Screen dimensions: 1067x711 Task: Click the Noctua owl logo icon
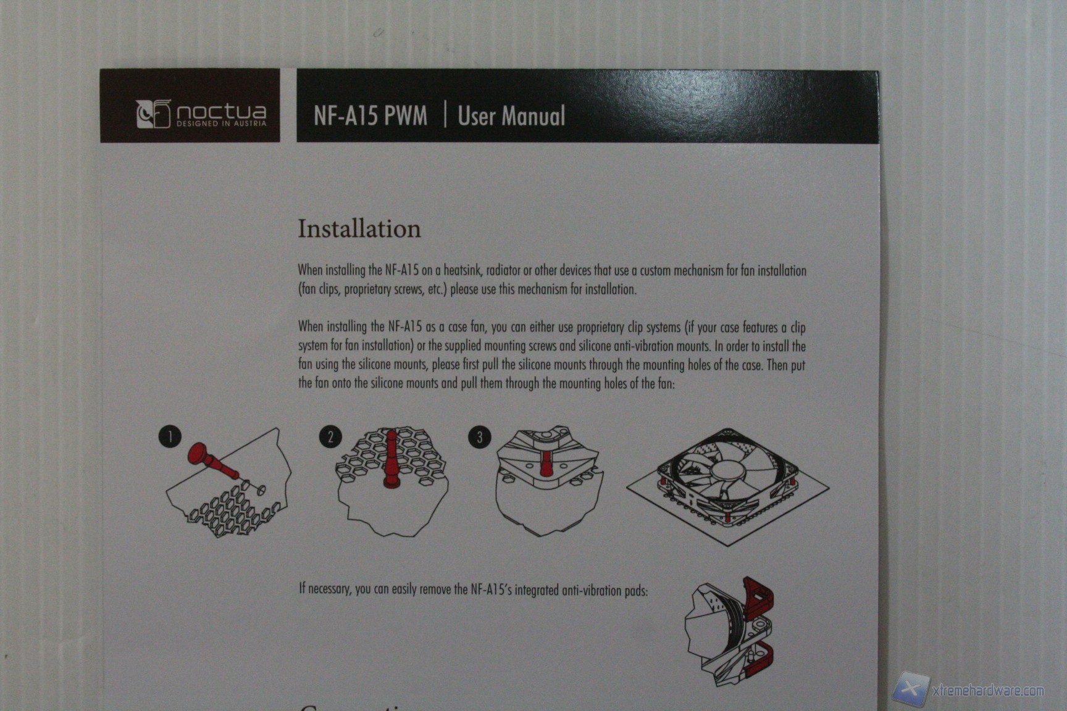pos(153,114)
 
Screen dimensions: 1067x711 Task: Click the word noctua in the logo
pos(222,112)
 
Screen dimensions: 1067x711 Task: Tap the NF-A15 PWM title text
pos(370,115)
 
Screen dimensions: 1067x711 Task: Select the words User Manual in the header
pos(511,116)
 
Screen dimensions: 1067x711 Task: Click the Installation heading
pos(359,228)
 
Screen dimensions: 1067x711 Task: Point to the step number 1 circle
pos(170,436)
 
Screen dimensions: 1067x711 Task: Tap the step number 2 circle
pos(330,437)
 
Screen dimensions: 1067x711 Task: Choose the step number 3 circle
pos(480,437)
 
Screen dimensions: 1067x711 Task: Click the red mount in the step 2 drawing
pos(391,459)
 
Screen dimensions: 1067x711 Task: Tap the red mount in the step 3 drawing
pos(546,463)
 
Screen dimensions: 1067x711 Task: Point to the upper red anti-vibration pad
pos(759,598)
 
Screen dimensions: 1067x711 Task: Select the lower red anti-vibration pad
pos(761,657)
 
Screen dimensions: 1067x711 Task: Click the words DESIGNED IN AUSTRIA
pos(222,123)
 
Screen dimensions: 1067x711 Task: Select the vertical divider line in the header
pos(445,115)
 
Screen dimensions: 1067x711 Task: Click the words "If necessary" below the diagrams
pos(325,589)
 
